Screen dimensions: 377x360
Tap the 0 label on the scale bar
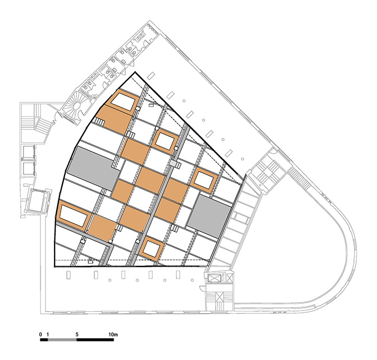tap(40, 335)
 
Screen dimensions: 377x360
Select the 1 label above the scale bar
tap(48, 335)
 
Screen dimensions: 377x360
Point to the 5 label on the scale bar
tap(77, 335)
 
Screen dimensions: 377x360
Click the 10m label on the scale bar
tap(113, 335)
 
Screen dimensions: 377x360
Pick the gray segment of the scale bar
tap(62, 340)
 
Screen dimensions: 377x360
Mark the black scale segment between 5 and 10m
tap(95, 340)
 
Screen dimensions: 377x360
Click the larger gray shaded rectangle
tap(93, 168)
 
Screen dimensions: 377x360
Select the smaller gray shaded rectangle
tap(208, 215)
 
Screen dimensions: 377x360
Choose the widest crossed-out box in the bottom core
tap(214, 278)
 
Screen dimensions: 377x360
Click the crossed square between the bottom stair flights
tap(220, 296)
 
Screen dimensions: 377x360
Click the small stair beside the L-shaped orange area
tap(99, 121)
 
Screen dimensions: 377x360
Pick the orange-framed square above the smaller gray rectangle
tap(203, 180)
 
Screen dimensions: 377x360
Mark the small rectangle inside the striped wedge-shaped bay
tap(242, 218)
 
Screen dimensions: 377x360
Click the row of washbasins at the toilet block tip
tap(152, 27)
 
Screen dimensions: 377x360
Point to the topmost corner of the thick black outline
tap(135, 72)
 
